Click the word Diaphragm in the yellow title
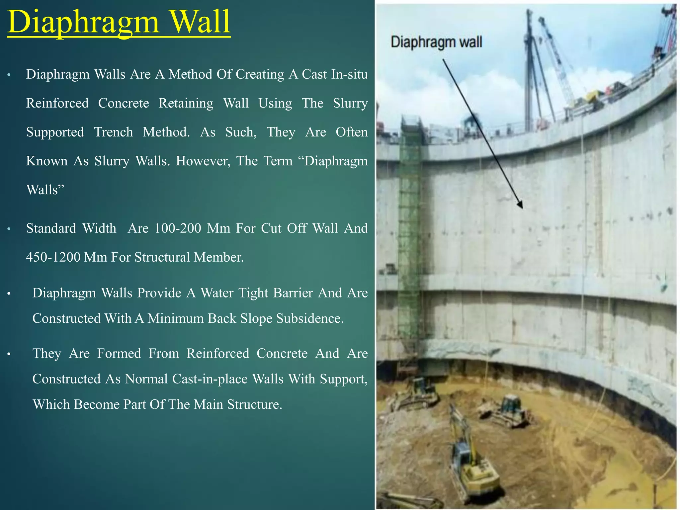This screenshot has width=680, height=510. [x=83, y=23]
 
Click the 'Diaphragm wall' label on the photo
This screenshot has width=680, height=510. [x=436, y=42]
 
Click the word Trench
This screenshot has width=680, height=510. [x=113, y=132]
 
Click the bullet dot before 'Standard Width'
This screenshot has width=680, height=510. [x=9, y=229]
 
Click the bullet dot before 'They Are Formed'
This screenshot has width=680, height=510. [x=9, y=354]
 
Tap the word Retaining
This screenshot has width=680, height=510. [x=186, y=104]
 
